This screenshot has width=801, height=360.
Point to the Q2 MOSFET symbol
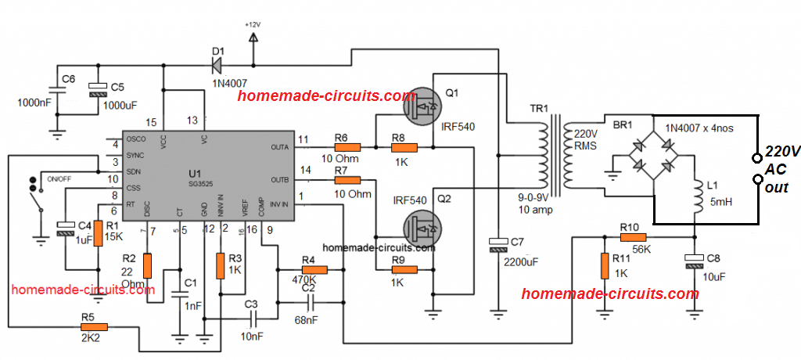tap(422, 229)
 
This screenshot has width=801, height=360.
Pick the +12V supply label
tap(253, 24)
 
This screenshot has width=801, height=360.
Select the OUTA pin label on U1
tap(278, 147)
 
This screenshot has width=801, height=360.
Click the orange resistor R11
tap(603, 266)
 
